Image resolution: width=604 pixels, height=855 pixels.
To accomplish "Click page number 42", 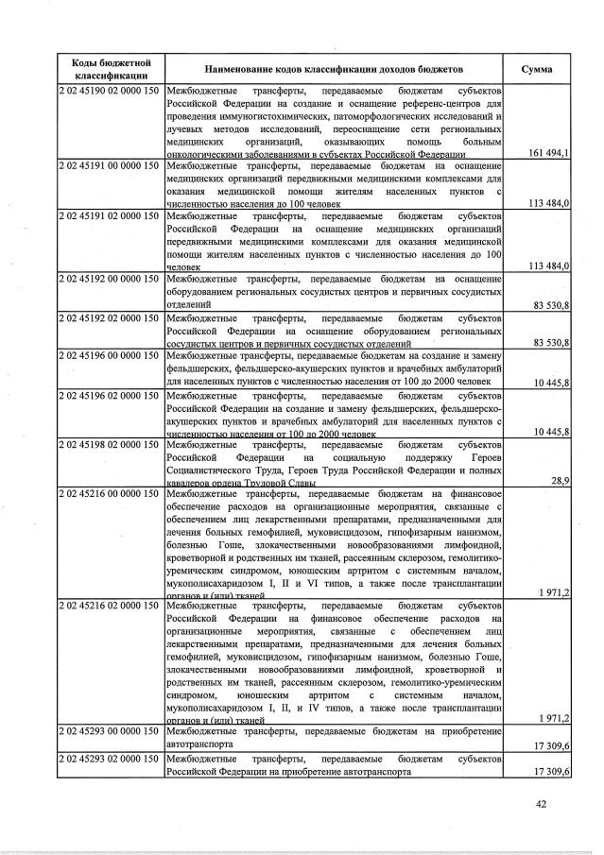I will [540, 804].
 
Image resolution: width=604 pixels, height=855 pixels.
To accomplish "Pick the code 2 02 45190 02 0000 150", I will [110, 91].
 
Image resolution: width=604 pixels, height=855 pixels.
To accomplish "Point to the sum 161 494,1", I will [549, 152].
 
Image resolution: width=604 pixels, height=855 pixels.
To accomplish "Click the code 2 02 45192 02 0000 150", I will [110, 318].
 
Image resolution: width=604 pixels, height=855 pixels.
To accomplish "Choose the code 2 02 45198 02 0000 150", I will [110, 445].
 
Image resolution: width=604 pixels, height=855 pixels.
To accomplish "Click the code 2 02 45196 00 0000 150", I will [110, 356].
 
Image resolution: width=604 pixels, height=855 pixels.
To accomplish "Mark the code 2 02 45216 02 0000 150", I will [110, 605].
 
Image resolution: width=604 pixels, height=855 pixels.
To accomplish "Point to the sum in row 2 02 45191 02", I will [549, 266].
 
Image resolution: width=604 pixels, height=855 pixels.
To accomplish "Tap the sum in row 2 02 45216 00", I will [553, 592].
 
